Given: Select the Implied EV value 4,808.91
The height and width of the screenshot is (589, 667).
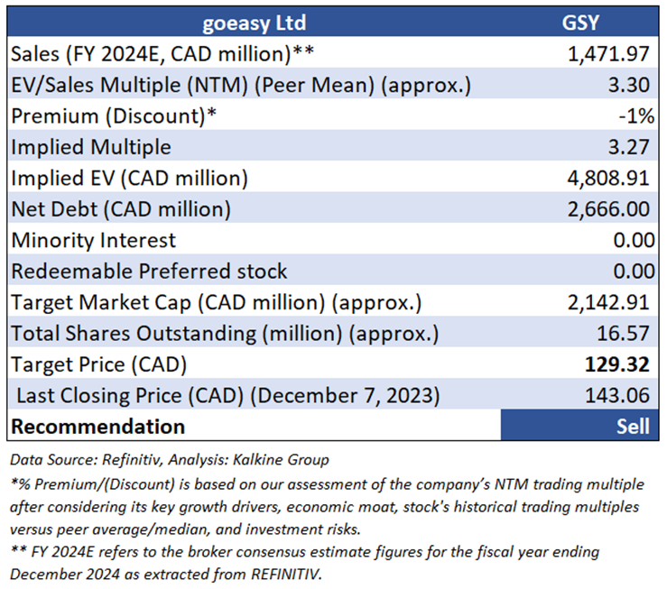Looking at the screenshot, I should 606,178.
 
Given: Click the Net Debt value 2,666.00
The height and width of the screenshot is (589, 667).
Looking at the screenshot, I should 606,209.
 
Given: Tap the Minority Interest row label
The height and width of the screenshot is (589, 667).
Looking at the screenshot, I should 94,240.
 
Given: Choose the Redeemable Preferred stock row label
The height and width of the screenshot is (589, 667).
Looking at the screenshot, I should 149,271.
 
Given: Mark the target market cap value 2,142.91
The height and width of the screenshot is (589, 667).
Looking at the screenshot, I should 606,302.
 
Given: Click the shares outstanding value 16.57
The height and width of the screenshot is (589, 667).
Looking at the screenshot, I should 625,333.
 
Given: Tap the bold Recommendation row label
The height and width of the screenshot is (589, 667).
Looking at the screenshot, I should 97,426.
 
